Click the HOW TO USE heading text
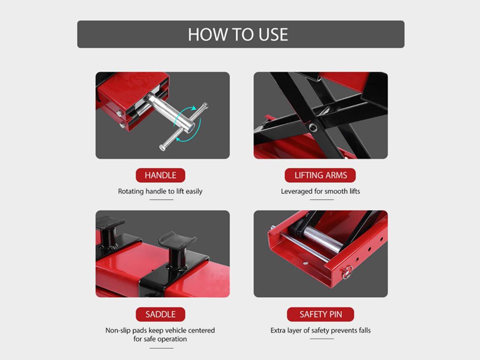[238, 34]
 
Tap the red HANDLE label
[160, 175]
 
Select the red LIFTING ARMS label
[320, 175]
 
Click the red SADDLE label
[160, 315]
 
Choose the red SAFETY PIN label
[321, 315]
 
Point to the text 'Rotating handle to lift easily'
[160, 191]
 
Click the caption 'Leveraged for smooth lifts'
[321, 191]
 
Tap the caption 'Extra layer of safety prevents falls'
[321, 330]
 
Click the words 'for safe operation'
[160, 339]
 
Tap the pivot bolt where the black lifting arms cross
[313, 127]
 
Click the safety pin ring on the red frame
[347, 272]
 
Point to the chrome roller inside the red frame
[322, 239]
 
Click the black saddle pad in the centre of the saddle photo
[177, 247]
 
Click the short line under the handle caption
[161, 200]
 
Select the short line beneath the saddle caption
[161, 348]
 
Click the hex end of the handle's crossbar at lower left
[163, 148]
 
